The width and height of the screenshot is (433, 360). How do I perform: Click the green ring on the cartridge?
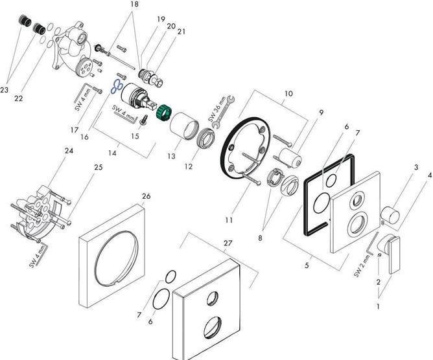[167, 109]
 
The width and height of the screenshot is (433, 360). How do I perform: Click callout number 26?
[146, 196]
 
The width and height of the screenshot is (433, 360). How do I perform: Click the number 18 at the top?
[134, 5]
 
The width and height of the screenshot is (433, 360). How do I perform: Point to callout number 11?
[228, 220]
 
